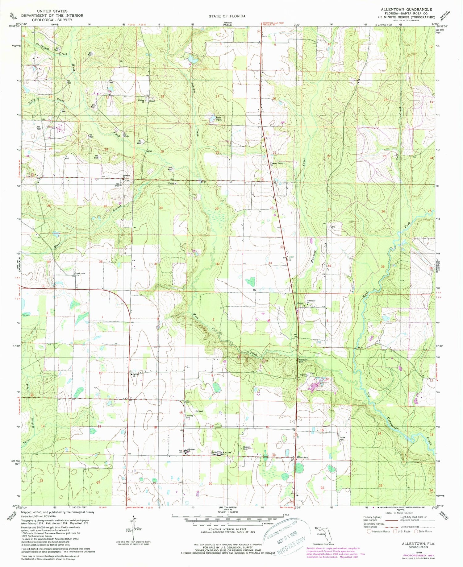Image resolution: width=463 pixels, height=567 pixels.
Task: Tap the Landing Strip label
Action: pos(189,416)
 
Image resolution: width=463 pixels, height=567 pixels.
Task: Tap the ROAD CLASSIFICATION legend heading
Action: pos(397,513)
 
